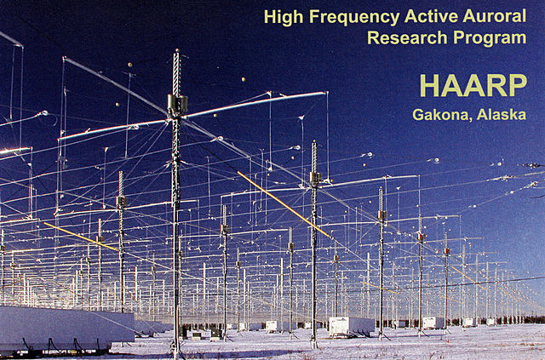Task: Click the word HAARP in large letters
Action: coord(472,85)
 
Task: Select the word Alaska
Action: coord(502,115)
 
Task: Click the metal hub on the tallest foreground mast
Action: coord(177,106)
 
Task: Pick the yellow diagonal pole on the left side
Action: coord(81,237)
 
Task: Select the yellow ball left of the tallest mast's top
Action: coord(130,64)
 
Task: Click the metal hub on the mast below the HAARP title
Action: coord(381,216)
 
